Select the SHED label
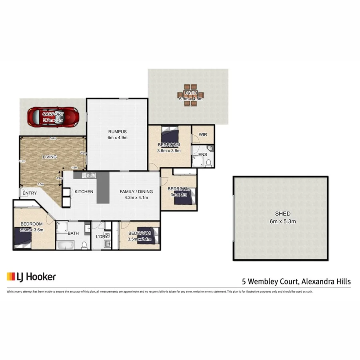[x=282, y=214]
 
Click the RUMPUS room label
[x=117, y=132]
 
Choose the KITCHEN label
[x=84, y=192]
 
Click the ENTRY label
[x=30, y=193]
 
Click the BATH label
[x=73, y=233]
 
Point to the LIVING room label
[x=50, y=157]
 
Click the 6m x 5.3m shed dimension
[x=282, y=221]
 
